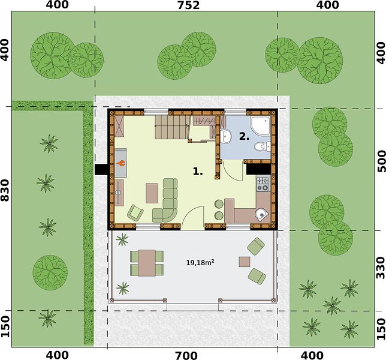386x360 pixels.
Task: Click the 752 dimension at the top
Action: [x=189, y=5]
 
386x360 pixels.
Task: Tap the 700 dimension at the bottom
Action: [x=186, y=356]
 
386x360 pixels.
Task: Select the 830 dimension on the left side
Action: [x=5, y=190]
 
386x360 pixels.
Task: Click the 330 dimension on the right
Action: [x=381, y=268]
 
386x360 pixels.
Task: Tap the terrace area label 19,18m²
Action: [x=200, y=263]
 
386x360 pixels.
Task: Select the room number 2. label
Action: [x=244, y=136]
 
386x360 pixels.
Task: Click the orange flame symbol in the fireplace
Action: [x=121, y=163]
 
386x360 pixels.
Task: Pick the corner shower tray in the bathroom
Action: [x=260, y=125]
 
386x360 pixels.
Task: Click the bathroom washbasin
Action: [x=225, y=136]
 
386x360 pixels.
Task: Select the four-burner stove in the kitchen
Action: [x=263, y=184]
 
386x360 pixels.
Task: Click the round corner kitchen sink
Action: [x=261, y=215]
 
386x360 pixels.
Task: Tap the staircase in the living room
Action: [x=173, y=127]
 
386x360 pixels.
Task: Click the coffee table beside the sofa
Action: [x=152, y=193]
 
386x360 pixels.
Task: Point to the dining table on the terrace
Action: [x=147, y=263]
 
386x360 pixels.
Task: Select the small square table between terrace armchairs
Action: [x=245, y=262]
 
